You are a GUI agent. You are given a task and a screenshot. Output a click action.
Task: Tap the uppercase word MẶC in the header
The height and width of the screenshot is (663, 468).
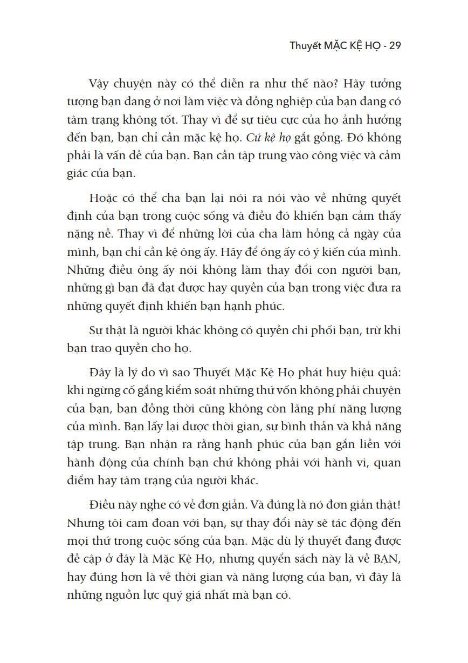(x=338, y=46)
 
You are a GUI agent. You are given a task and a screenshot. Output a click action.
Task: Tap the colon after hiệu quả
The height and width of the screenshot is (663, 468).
(x=400, y=373)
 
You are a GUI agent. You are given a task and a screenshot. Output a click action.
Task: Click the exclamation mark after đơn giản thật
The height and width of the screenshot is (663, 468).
(x=400, y=505)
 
